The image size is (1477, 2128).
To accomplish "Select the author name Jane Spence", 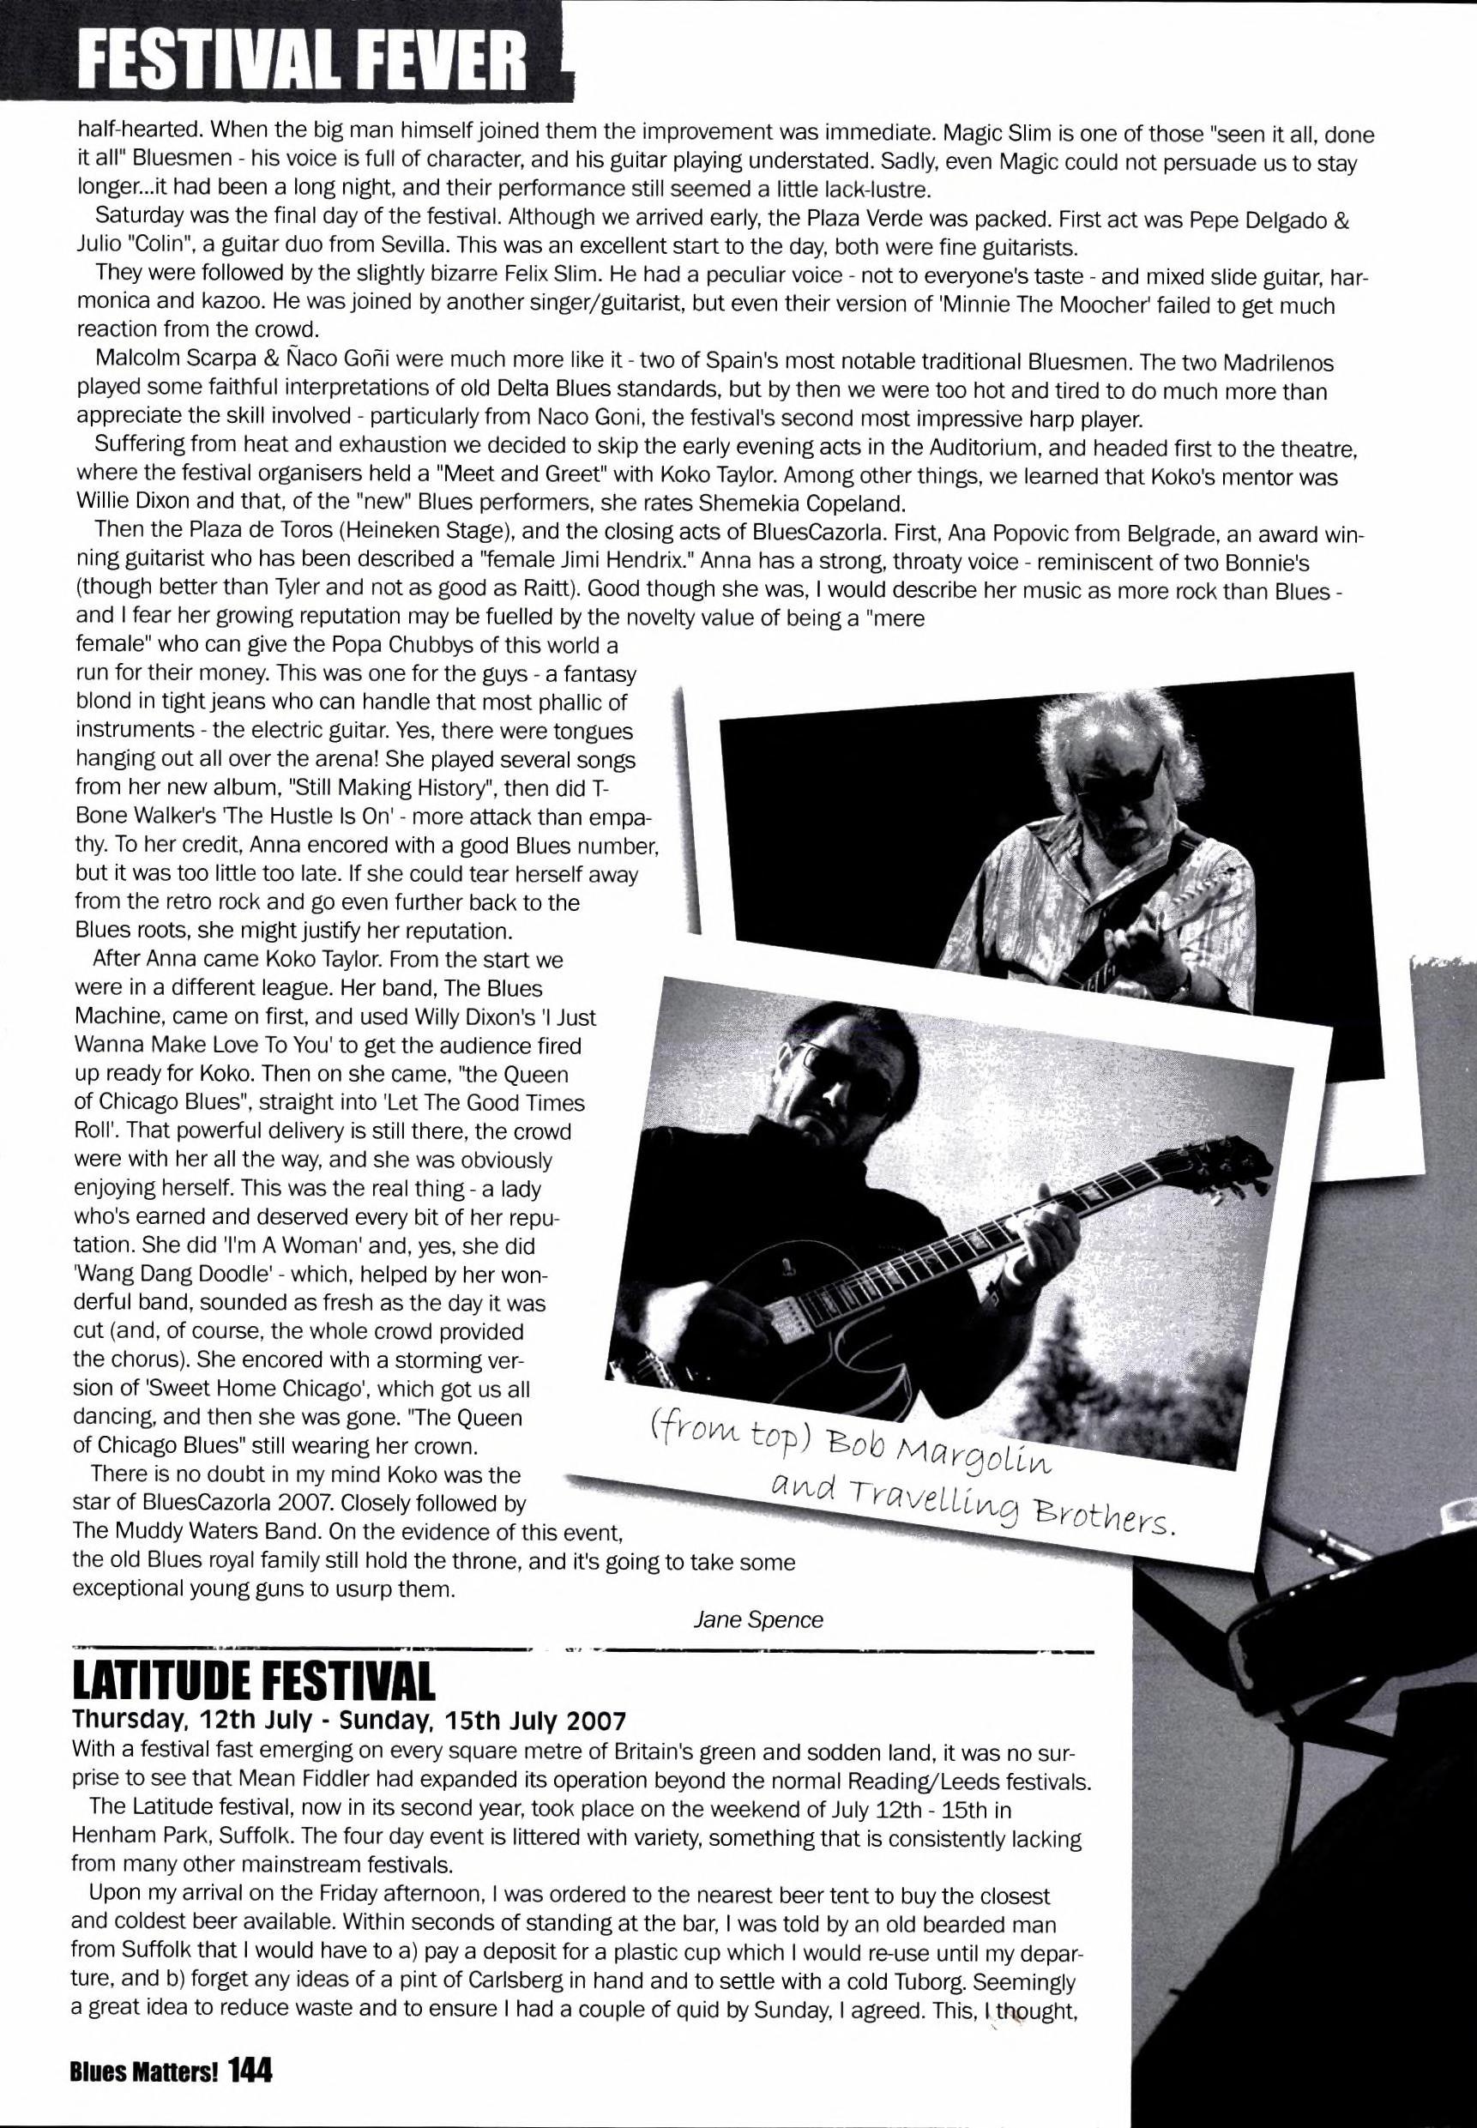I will click(758, 1619).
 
